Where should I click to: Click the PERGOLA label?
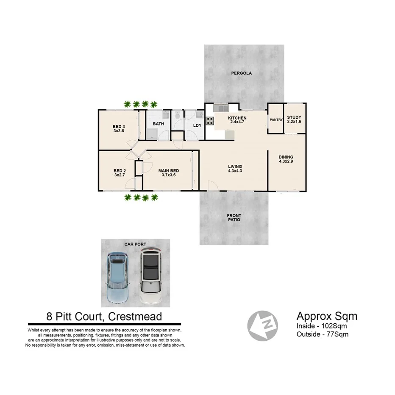click(242, 73)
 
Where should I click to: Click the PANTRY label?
click(276, 120)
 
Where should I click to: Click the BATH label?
click(159, 124)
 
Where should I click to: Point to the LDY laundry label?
click(197, 125)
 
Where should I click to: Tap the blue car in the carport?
click(117, 278)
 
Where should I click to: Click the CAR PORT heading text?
click(135, 244)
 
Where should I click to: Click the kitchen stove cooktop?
click(210, 120)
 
